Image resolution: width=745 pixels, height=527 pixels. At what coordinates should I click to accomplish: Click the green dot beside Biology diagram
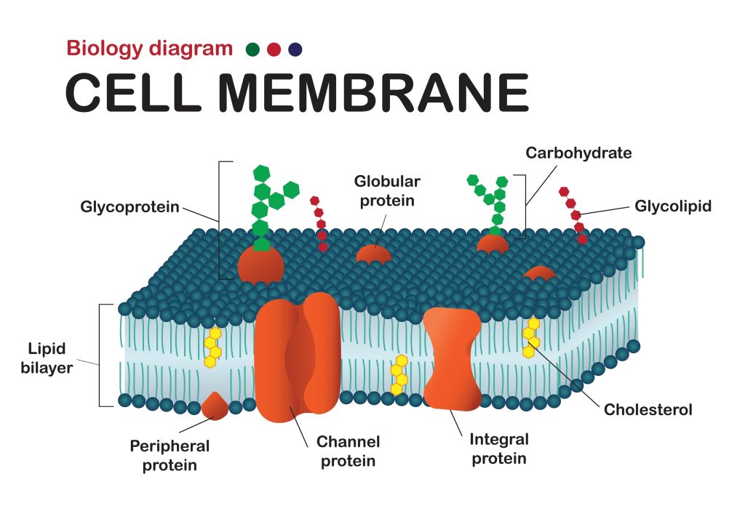tap(252, 49)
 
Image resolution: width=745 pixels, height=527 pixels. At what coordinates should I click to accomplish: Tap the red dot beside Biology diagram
tap(274, 49)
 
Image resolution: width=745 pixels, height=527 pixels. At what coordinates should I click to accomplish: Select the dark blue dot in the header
tap(295, 49)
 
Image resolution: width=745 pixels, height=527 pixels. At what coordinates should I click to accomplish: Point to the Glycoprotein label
tap(130, 207)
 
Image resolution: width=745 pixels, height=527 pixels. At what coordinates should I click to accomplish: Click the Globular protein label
tap(387, 191)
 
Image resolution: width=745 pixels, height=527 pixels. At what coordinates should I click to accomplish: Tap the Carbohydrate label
tap(578, 153)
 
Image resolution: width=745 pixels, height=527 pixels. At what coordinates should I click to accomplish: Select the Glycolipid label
tap(673, 206)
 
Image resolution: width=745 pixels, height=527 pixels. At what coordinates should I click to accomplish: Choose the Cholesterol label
tap(648, 409)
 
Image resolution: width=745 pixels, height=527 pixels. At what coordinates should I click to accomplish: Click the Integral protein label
tap(499, 448)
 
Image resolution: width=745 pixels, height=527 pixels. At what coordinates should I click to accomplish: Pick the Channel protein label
tap(348, 451)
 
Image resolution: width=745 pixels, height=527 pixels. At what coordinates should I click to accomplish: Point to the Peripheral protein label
tap(170, 455)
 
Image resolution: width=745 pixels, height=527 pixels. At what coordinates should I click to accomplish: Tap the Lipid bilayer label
tap(47, 358)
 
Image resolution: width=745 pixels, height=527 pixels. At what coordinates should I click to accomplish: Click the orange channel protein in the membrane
tap(298, 357)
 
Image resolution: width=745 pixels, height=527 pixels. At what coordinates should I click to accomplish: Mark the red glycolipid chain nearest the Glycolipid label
tap(573, 215)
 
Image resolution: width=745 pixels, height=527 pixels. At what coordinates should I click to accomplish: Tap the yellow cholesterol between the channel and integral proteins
tap(399, 374)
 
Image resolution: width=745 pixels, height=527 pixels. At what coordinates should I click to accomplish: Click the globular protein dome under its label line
tap(374, 254)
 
